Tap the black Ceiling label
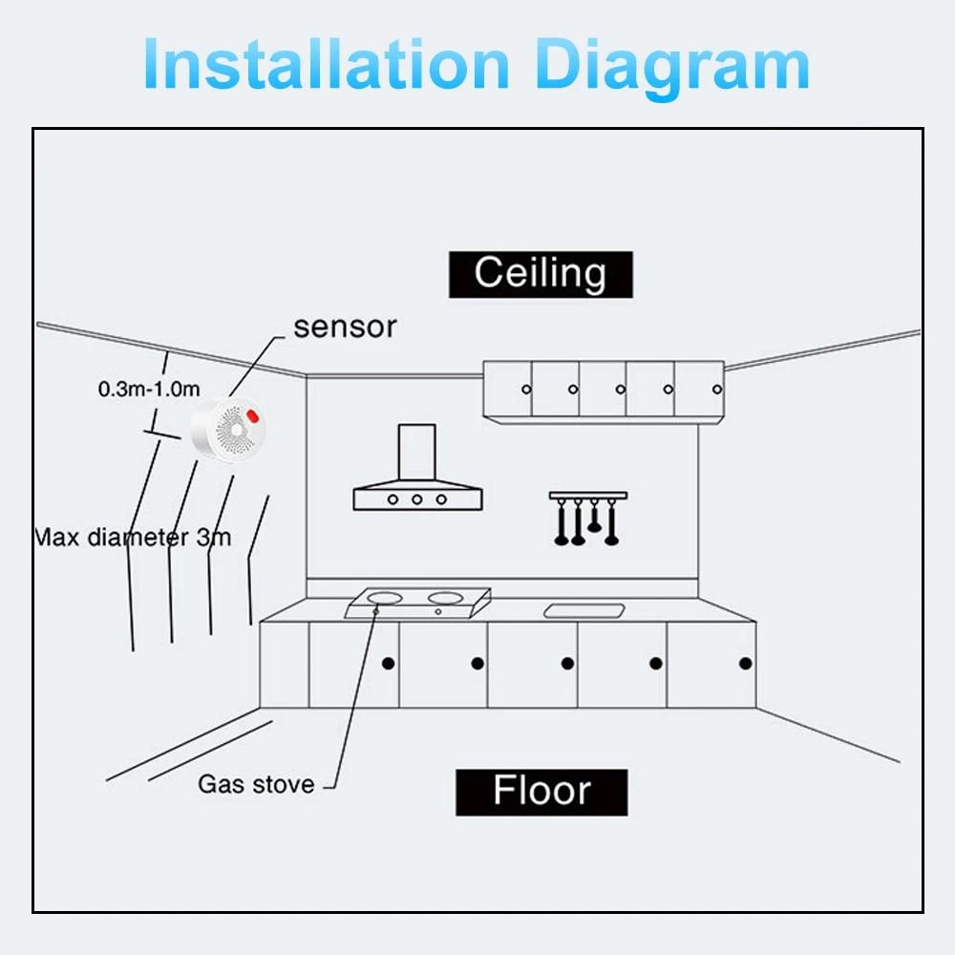(541, 274)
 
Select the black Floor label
(541, 792)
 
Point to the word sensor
(345, 327)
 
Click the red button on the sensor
(254, 415)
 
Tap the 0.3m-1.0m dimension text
(149, 389)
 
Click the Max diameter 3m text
(133, 537)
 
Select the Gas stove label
(256, 784)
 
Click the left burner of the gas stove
(383, 599)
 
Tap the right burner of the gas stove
(444, 599)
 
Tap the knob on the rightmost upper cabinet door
(717, 389)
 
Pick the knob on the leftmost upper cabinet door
(525, 389)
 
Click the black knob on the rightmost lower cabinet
(746, 663)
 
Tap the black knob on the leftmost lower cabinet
(388, 663)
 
